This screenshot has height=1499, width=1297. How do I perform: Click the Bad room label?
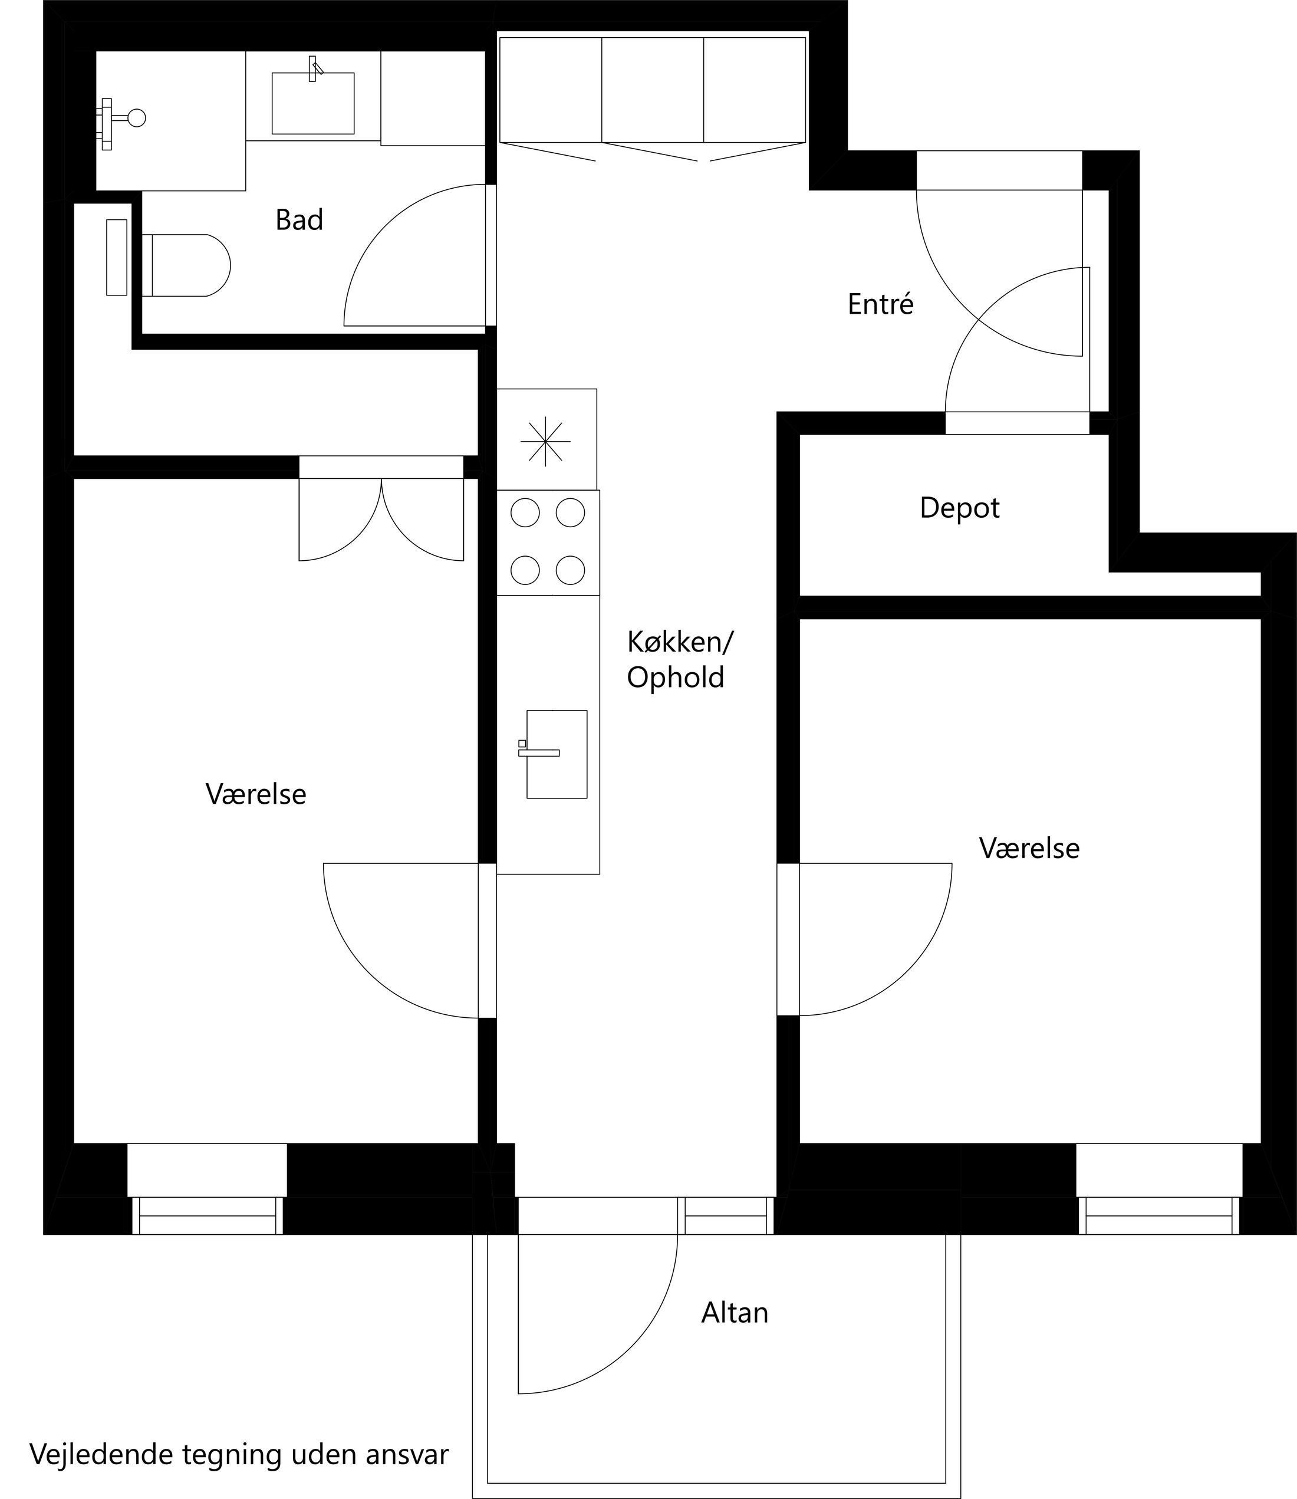[299, 220]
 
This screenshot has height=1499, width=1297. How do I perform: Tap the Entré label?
[880, 304]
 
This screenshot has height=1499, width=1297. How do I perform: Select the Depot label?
[959, 508]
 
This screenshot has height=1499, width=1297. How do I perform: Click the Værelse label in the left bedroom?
[255, 794]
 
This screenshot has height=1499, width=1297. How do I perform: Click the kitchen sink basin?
[557, 754]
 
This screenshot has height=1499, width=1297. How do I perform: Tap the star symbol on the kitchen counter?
[545, 441]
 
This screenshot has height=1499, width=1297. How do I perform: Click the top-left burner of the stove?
[525, 512]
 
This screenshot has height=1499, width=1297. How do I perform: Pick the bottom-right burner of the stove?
[570, 570]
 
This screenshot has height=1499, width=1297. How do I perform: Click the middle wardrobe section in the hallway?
[652, 90]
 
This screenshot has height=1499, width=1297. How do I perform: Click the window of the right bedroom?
[1159, 1215]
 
